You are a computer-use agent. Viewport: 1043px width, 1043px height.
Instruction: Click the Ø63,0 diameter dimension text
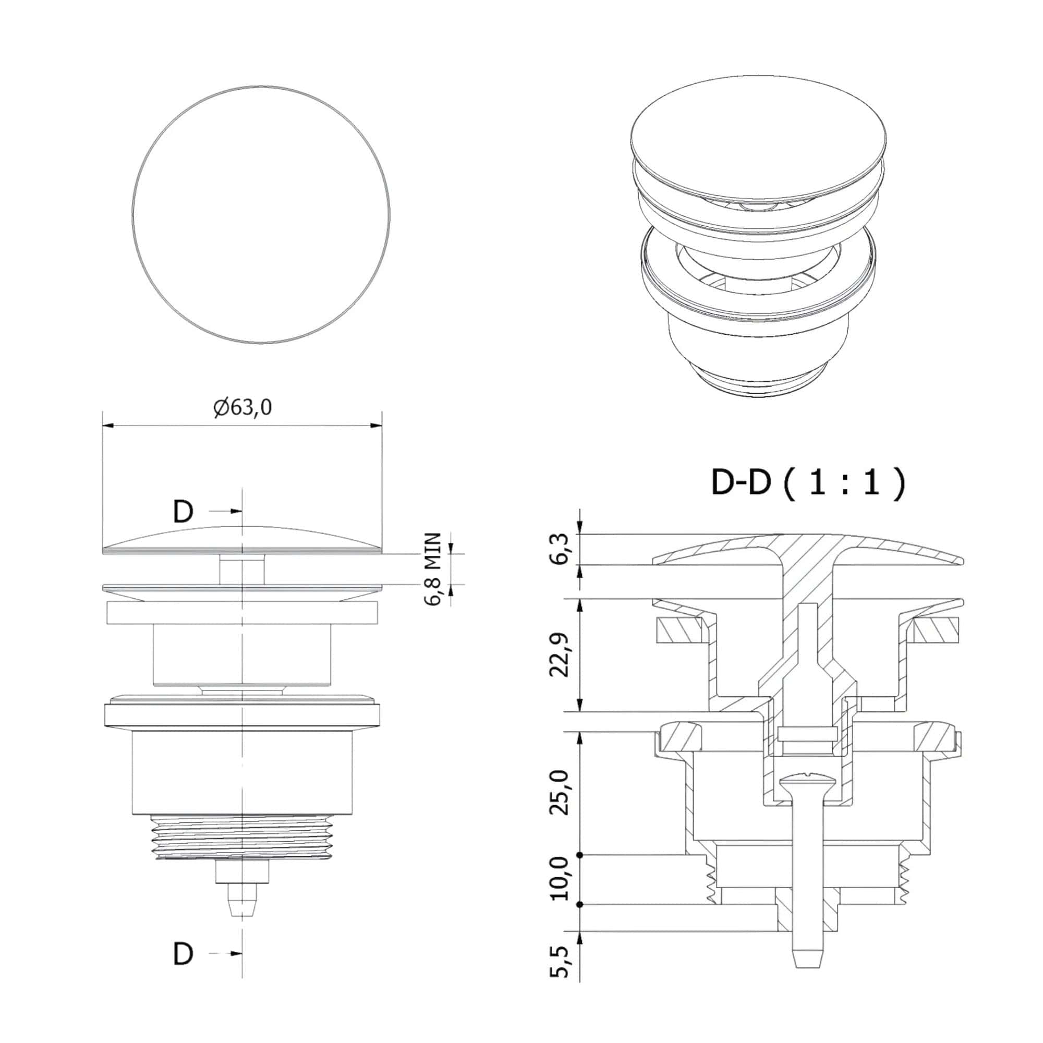click(242, 408)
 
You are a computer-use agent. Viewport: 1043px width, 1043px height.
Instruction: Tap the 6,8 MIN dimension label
click(432, 569)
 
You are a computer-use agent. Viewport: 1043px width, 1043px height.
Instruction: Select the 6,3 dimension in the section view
click(560, 549)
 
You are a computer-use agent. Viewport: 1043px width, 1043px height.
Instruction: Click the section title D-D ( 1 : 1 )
click(807, 482)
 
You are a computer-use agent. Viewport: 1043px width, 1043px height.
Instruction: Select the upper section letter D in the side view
click(184, 511)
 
